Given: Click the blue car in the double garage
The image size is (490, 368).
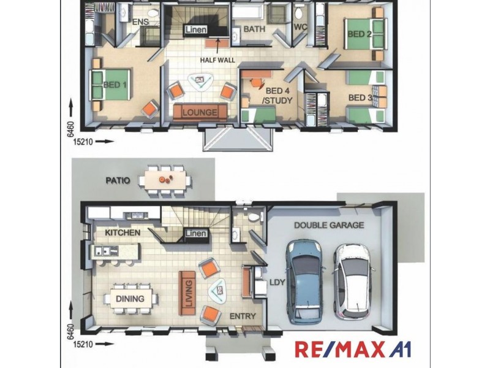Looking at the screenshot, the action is coord(305,282).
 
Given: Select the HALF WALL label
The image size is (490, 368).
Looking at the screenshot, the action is coord(217,60).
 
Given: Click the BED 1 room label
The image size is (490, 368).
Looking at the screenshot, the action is coord(115,85).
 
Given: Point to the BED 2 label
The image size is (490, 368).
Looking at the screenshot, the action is coord(360,34).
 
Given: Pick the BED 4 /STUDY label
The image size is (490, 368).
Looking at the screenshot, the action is coord(277,96).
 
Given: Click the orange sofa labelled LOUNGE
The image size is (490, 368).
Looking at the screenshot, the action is coord(200,112).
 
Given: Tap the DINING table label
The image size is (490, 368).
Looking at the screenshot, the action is coord(130,299).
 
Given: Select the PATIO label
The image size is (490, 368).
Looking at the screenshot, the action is coord(118,180).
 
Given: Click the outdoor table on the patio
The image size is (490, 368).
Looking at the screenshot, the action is coord(165,180).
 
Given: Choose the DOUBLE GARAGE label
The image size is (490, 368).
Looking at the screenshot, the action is coord(329,225).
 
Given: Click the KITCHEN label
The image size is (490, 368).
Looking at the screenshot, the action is coord(123,232).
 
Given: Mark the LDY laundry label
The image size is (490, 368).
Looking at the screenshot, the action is coord(277,282).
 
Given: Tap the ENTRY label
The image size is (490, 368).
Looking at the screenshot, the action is coord(243,316).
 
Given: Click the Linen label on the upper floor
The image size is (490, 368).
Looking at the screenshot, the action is coord(196,29).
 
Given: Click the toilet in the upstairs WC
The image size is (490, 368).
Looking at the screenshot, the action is coord(298,13).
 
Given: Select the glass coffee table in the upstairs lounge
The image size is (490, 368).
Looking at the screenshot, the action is coord(200,82).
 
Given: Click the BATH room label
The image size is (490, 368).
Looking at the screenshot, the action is coord(254,29).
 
